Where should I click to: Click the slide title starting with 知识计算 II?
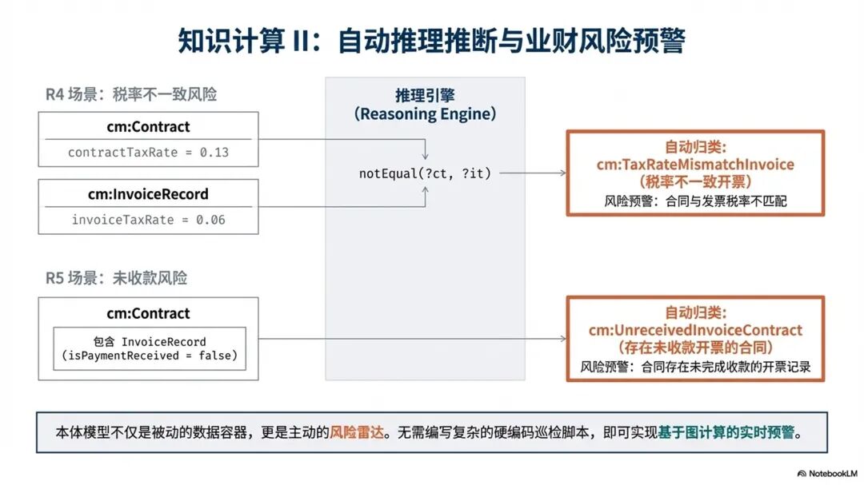click(431, 41)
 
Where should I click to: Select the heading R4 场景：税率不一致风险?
click(131, 94)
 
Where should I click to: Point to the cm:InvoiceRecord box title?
click(148, 194)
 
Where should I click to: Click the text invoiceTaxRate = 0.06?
click(149, 219)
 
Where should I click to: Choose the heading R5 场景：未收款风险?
click(116, 278)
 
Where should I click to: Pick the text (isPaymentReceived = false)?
click(150, 356)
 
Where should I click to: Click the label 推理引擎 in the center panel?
click(424, 93)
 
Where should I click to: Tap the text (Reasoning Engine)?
click(424, 113)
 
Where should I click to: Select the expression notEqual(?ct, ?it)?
click(425, 173)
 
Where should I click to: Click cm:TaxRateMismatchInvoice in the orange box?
click(695, 165)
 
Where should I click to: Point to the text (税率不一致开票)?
click(695, 181)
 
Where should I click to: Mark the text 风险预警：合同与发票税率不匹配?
click(695, 201)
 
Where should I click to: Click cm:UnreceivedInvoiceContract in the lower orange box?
click(695, 330)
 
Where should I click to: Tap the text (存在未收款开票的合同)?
click(695, 348)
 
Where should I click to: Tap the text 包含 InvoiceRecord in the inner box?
click(150, 341)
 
